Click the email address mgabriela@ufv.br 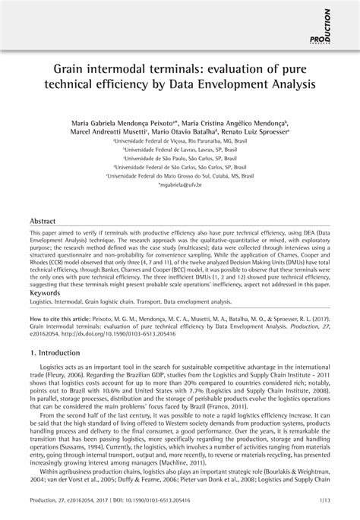[x=179, y=184]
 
